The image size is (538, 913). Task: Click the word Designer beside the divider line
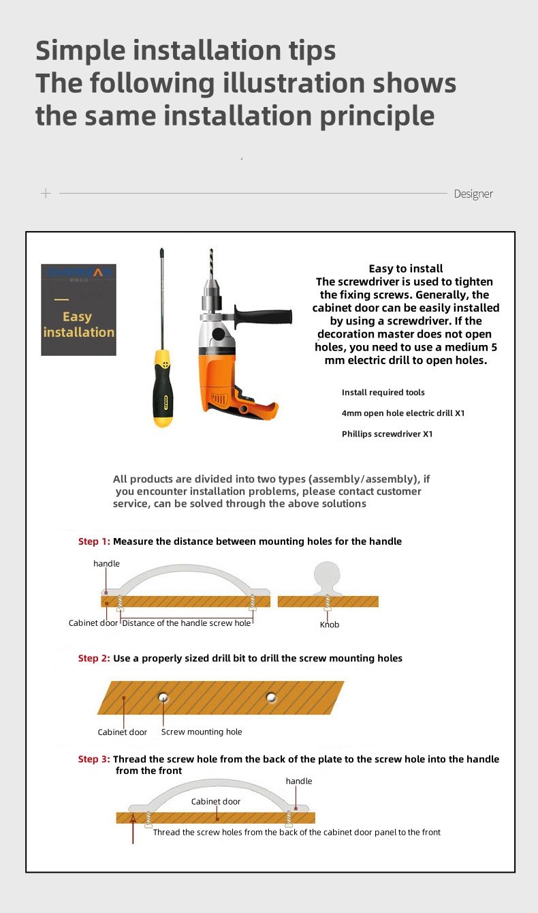point(473,194)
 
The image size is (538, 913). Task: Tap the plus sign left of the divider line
point(46,194)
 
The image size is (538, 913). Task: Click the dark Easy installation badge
point(78,310)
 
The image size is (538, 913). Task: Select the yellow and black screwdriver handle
point(162,389)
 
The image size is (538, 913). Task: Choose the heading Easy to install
point(406,269)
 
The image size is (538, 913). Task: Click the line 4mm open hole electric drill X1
point(403,413)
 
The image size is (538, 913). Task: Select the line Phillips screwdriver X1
point(387,434)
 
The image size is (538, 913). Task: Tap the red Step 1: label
point(94,541)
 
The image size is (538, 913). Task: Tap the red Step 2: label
point(94,658)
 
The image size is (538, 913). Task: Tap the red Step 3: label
point(94,759)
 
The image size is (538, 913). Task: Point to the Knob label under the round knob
point(330,625)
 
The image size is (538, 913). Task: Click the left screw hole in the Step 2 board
point(163,697)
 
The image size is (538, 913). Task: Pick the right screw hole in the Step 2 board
point(272,698)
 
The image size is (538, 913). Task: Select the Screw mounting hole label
point(202,732)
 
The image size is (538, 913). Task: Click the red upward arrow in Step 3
point(133,828)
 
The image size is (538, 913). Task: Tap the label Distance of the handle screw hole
point(187,623)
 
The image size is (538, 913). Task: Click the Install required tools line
point(383,393)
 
